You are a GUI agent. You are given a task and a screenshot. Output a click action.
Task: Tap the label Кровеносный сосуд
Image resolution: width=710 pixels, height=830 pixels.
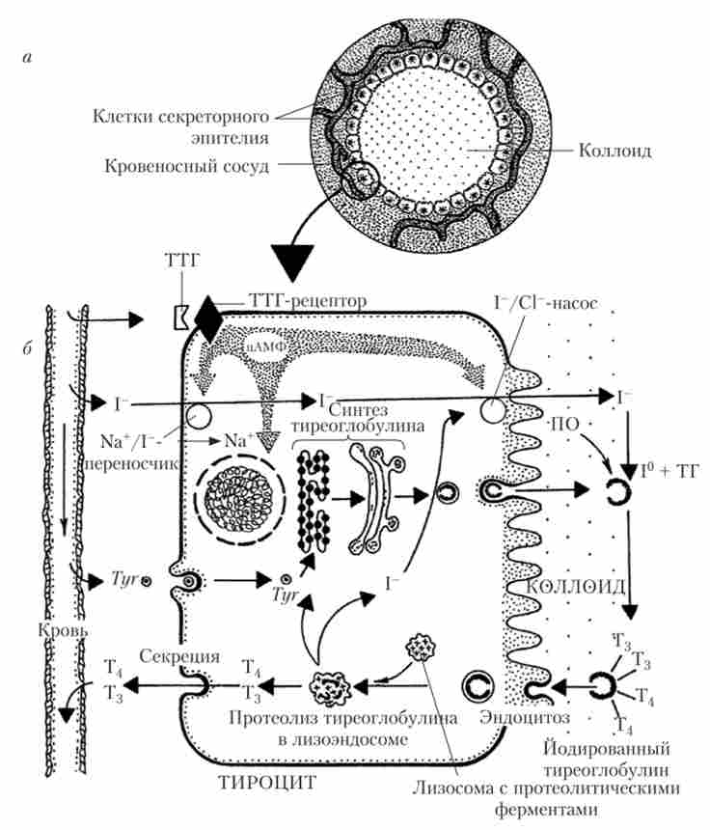coord(185,165)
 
